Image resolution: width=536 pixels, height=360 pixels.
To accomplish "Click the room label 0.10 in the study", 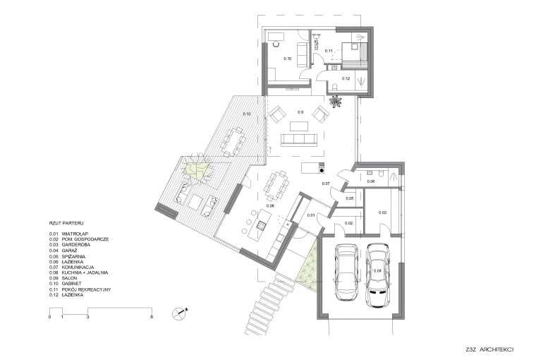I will coord(287,58).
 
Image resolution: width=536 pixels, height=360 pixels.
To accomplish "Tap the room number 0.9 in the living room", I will coord(300,112).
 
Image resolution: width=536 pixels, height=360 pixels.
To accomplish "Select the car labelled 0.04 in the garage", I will coord(377,274).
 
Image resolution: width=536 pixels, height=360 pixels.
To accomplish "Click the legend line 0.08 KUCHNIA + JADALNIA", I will coord(81,273).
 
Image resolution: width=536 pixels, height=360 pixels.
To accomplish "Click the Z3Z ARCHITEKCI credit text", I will coord(489,349).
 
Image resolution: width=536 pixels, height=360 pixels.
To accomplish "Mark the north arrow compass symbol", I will coord(182,311).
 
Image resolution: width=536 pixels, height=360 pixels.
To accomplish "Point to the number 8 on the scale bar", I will coord(152,318).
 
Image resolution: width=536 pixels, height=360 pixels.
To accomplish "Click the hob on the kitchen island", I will coord(260,226).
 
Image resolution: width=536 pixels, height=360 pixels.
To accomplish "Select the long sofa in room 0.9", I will coord(300,139).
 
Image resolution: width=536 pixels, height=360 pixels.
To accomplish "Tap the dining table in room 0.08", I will coord(276,185).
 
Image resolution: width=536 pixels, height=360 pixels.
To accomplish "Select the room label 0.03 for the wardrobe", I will coord(382,212).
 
